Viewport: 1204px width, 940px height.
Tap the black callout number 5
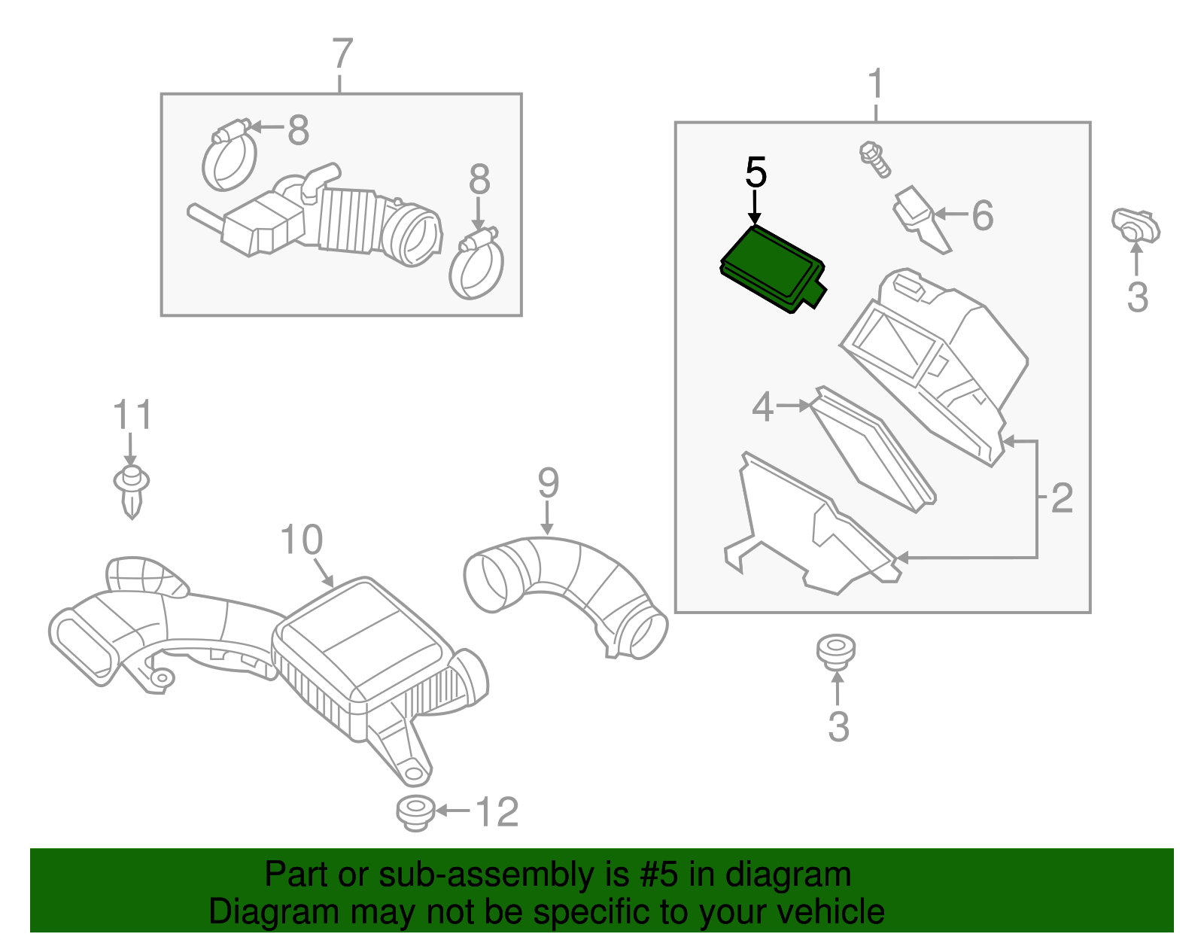pos(756,173)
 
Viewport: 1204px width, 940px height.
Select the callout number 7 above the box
pos(342,54)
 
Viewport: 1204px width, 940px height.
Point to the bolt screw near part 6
pos(874,159)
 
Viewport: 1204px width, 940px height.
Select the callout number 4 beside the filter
pos(762,407)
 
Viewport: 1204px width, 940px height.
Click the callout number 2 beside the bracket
pos(1061,497)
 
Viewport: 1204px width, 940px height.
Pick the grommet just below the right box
pos(836,651)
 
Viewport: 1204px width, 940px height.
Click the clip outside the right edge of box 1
pos(1136,226)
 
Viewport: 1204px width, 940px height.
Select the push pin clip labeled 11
pos(131,489)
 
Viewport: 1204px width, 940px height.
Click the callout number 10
pos(301,540)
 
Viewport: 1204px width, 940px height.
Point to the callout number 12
pos(497,812)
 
